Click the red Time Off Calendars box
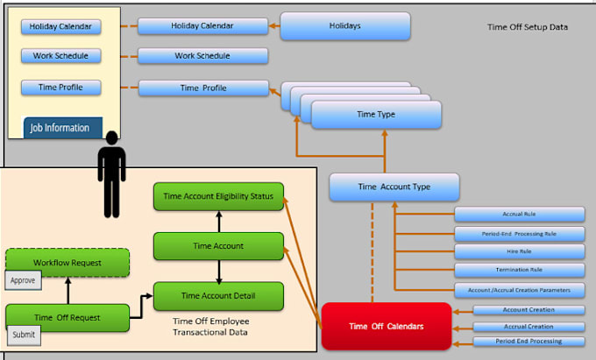pos(387,326)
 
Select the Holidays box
pos(345,26)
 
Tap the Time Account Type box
pos(394,187)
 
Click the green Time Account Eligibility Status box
pos(218,197)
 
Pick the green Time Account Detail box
pos(218,296)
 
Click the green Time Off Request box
pos(67,317)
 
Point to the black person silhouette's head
pos(111,138)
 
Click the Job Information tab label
pos(60,128)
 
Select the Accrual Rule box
pos(519,214)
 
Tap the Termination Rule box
pos(519,270)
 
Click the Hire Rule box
pos(519,251)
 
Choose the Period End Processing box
pos(529,341)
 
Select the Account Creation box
pos(529,309)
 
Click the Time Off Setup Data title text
pos(528,27)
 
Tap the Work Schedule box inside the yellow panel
pos(60,56)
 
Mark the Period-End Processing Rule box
pos(519,233)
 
